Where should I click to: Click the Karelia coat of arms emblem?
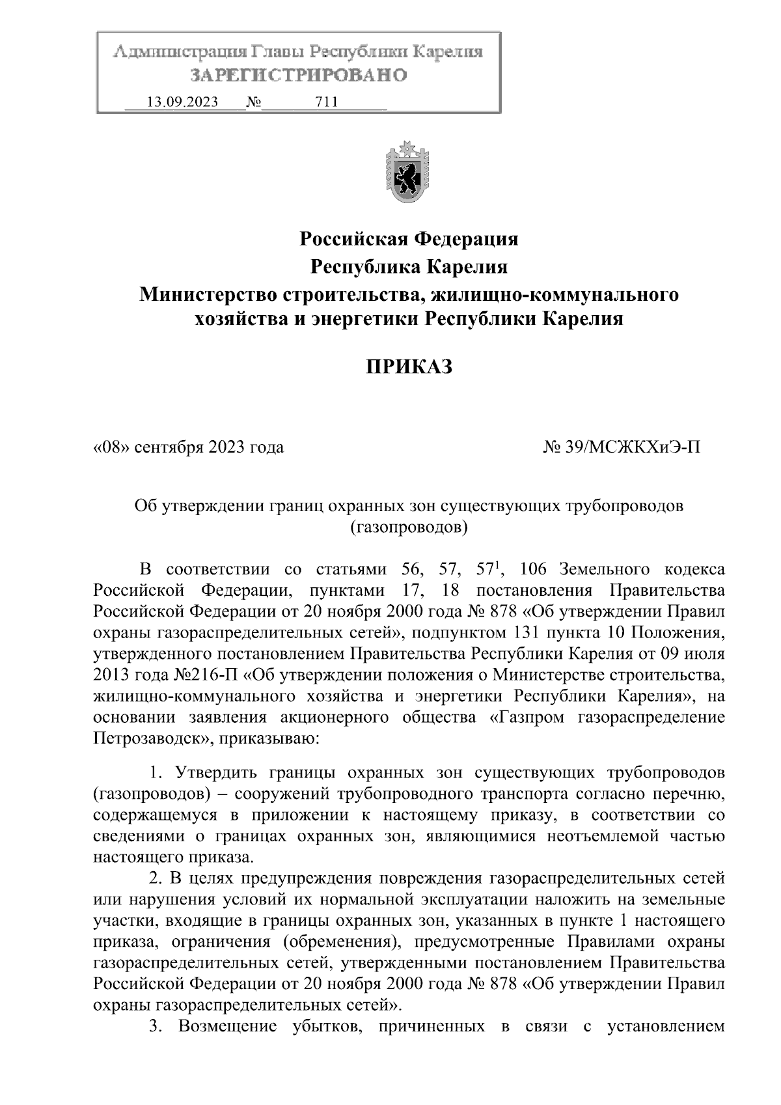(x=408, y=174)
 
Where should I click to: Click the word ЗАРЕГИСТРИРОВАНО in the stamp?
(x=298, y=76)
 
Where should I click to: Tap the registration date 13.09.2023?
(x=183, y=102)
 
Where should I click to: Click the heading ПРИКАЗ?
(x=408, y=368)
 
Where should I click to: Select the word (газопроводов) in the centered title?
(x=409, y=527)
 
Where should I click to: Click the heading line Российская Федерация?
(x=409, y=239)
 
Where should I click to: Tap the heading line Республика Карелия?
(x=409, y=267)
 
